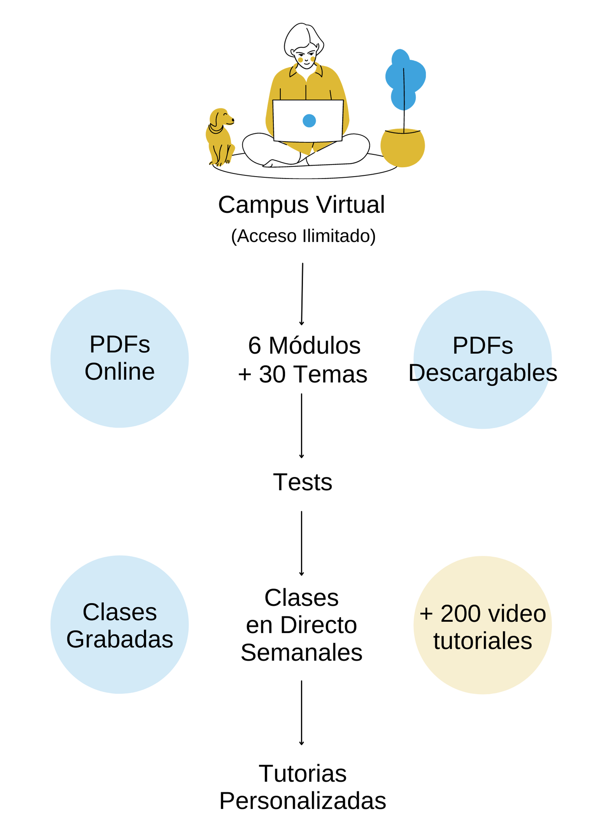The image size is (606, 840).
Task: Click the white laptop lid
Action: pos(308,120)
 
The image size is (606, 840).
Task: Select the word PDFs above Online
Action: pos(119,345)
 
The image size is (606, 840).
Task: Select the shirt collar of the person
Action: pos(305,72)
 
